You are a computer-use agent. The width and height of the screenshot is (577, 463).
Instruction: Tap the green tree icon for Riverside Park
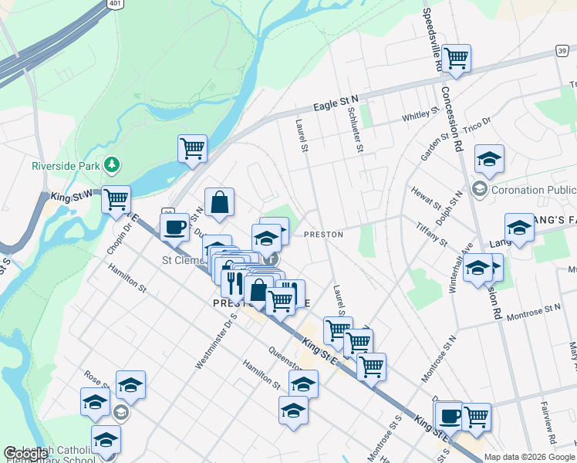tap(113, 164)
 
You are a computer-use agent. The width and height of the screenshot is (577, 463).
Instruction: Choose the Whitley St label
tap(420, 116)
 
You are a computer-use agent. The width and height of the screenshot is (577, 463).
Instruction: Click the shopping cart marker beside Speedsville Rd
tap(457, 58)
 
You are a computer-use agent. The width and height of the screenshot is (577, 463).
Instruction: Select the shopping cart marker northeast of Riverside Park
tap(192, 148)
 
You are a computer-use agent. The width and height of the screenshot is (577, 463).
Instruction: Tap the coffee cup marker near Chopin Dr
tap(174, 227)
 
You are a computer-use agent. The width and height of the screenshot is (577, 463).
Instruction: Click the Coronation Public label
tap(533, 190)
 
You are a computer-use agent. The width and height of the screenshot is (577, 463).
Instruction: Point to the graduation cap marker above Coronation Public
tap(489, 158)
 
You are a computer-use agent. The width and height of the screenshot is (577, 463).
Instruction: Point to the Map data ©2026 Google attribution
tap(529, 457)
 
